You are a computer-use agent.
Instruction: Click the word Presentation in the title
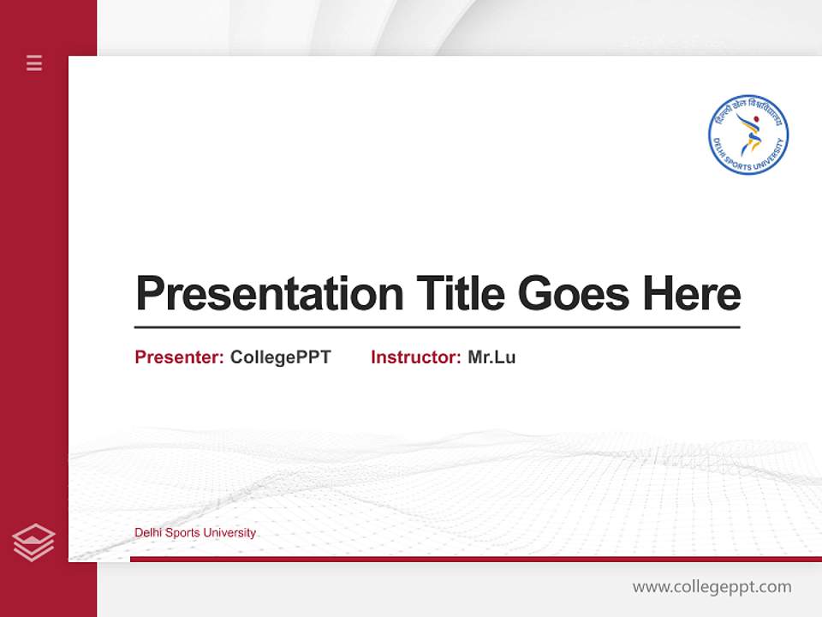269,294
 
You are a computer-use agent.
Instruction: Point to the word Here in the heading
692,294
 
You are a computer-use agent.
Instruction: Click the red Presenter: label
179,357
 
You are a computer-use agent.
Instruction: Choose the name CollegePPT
280,357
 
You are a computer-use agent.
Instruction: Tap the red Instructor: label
415,357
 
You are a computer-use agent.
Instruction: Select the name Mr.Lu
491,357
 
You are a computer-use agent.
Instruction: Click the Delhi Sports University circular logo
748,135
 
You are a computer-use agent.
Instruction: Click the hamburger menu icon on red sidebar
34,63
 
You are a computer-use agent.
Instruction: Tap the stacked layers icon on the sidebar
33,542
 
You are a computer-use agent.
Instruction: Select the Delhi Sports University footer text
195,533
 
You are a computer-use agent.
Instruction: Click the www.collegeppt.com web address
712,587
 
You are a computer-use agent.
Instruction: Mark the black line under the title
437,326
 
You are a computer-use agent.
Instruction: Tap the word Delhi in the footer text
148,533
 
